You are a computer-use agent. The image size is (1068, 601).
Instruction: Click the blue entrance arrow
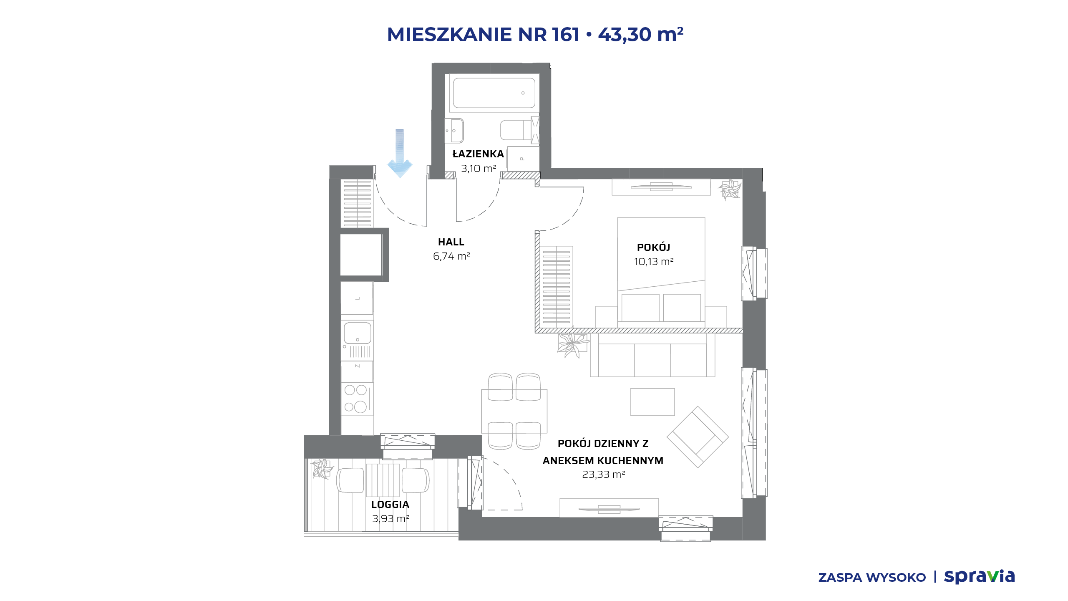[x=400, y=153]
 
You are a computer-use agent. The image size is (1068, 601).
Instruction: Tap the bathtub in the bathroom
[x=494, y=93]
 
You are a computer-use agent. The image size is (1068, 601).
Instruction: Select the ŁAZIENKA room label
[x=478, y=154]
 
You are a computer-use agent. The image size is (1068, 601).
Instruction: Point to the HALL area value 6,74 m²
[x=451, y=256]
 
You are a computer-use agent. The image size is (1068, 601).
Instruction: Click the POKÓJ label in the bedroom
[x=653, y=247]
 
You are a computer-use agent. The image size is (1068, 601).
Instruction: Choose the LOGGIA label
[x=390, y=505]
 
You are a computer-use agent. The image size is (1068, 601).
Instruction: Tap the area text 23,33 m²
[x=603, y=475]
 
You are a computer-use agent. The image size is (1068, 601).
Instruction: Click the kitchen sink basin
[x=358, y=333]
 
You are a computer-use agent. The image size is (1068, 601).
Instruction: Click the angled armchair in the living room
[x=698, y=437]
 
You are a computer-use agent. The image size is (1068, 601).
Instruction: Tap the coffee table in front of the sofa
[x=652, y=402]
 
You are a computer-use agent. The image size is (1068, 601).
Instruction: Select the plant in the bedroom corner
[x=730, y=189]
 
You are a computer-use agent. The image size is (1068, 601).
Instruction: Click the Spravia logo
[x=979, y=576]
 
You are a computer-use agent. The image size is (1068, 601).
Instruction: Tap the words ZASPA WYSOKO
[x=872, y=578]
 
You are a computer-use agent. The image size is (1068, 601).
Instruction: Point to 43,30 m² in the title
[x=641, y=34]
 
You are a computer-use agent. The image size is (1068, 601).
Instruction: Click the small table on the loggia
[x=383, y=480]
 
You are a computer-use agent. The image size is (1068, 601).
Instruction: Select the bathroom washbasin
[x=454, y=131]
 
